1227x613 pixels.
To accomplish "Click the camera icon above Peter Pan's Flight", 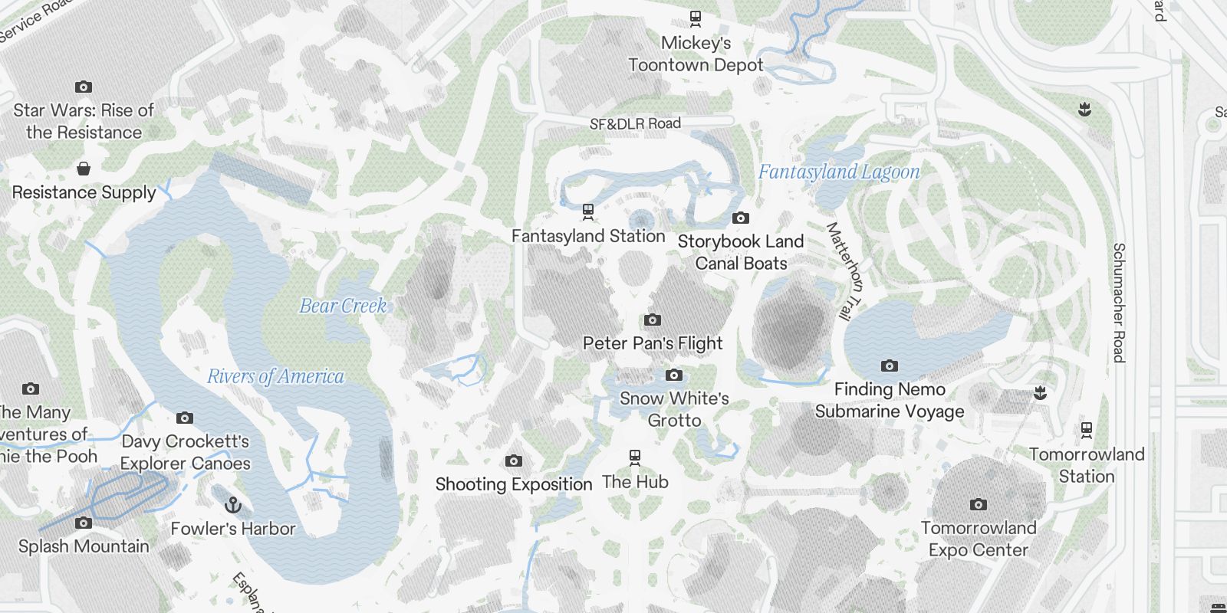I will [653, 320].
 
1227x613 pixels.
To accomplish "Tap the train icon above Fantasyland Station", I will [588, 211].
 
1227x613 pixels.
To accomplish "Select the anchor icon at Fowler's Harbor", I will [233, 505].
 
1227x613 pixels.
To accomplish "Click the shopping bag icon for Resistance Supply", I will [84, 168].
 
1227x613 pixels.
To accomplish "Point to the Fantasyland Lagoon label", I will [839, 172].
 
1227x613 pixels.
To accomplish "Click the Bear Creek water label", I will [343, 306].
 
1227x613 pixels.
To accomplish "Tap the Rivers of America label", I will [275, 376].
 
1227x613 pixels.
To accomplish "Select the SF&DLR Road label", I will [635, 123].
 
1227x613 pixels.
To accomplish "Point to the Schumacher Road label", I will [1119, 303].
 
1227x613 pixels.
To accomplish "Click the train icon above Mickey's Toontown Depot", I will [696, 18].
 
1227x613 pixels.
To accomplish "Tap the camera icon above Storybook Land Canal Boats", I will [740, 218].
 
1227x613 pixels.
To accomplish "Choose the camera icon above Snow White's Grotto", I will [674, 375].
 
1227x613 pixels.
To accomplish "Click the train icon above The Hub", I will [635, 458].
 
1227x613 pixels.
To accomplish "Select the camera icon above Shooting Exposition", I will [514, 461].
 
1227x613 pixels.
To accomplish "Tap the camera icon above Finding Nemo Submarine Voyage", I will [889, 366].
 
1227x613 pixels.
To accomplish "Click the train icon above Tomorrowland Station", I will [1087, 430].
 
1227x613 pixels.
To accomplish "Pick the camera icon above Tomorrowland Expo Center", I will [978, 504].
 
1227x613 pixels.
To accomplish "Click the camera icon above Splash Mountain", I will [84, 523].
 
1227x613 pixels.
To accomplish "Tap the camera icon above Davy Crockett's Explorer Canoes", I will [184, 418].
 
